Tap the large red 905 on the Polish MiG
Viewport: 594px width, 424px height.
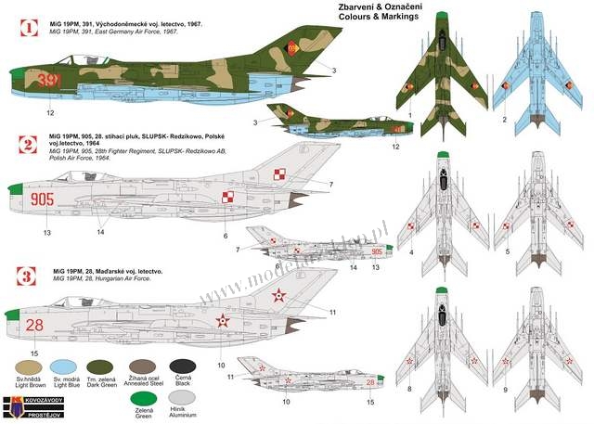[x=43, y=198]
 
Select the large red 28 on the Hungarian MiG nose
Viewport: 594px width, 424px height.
[x=34, y=325]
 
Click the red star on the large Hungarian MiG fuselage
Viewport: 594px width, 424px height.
[x=222, y=321]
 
